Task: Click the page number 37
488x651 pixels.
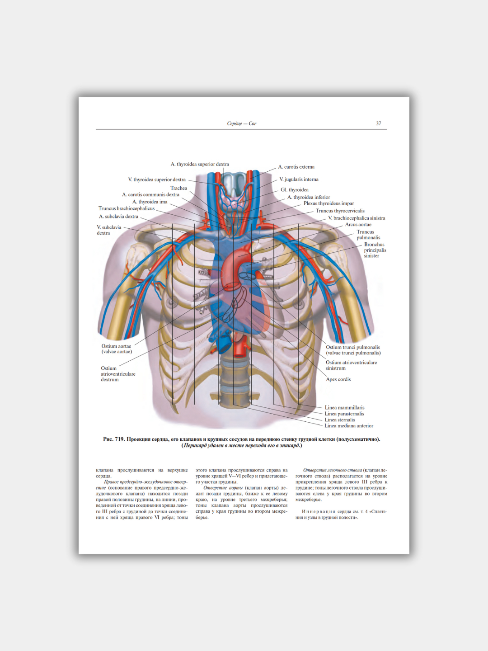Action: [x=378, y=123]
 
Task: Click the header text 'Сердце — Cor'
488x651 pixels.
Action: [x=241, y=123]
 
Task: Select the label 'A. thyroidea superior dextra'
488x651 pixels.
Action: [x=200, y=164]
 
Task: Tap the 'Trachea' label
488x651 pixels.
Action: [x=178, y=188]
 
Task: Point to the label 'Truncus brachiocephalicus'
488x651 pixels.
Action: [x=127, y=208]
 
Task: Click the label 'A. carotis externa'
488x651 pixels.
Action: [x=296, y=167]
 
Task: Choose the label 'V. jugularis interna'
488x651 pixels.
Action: [x=299, y=179]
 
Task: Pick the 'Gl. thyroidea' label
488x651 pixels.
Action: [x=295, y=190]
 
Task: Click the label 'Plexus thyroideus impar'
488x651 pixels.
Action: [x=328, y=203]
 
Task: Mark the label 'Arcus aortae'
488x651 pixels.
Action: [x=358, y=225]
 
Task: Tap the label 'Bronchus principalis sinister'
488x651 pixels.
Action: [x=375, y=250]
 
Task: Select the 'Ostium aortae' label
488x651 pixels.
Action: [x=117, y=346]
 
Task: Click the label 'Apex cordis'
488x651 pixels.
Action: [x=338, y=379]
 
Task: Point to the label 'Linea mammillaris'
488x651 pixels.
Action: [x=344, y=408]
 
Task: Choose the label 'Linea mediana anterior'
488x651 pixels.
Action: [x=349, y=426]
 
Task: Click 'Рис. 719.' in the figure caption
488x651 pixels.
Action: [x=114, y=439]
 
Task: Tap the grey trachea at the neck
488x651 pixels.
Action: [x=234, y=183]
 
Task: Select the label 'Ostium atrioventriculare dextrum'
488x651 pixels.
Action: [x=117, y=374]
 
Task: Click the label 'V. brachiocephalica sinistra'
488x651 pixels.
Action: [x=357, y=218]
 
